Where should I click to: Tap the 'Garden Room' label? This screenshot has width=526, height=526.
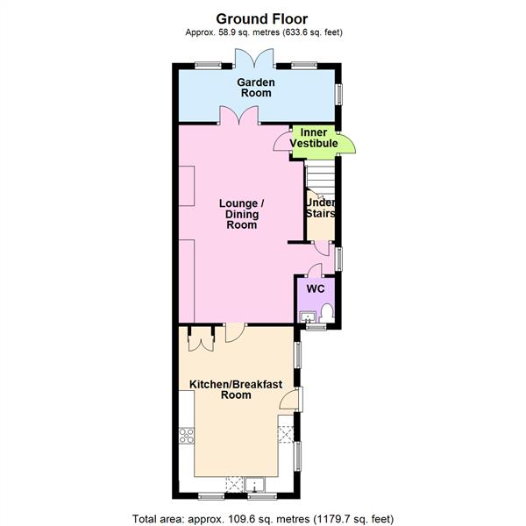click(256, 88)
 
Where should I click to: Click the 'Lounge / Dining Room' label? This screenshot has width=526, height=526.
click(241, 214)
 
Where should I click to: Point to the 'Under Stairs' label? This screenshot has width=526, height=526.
click(320, 208)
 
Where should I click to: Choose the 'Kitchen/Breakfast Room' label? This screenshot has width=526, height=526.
click(224, 389)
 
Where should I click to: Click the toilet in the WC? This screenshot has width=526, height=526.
click(327, 311)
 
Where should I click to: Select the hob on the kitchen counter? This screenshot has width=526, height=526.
click(187, 435)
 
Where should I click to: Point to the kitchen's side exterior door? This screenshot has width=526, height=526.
click(290, 401)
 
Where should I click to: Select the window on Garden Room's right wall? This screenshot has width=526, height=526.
click(341, 93)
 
